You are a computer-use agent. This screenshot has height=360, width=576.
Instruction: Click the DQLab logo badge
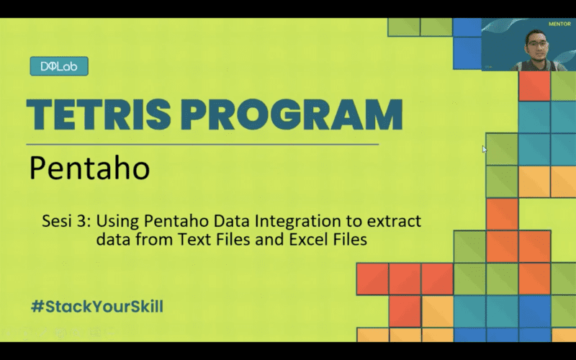[59, 67]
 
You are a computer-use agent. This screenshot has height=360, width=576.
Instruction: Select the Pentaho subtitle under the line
[89, 168]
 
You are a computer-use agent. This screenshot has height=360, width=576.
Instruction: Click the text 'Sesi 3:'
[66, 221]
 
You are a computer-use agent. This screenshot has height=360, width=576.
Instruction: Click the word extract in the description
[399, 221]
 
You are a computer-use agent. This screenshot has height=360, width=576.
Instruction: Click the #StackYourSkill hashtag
[97, 306]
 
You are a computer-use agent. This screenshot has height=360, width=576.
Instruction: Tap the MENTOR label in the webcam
[559, 23]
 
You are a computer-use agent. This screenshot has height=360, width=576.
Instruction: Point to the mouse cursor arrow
[485, 149]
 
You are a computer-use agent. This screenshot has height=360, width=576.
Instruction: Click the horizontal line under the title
[202, 144]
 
